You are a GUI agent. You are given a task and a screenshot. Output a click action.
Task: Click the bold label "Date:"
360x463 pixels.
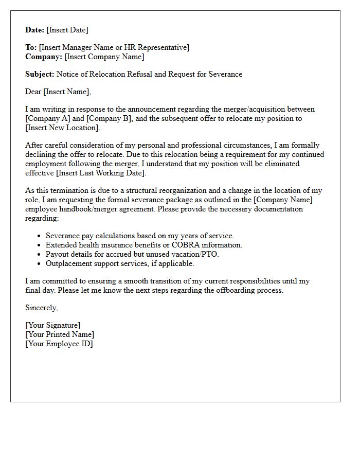coord(35,30)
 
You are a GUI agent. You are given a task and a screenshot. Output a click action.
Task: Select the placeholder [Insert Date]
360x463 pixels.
coord(67,30)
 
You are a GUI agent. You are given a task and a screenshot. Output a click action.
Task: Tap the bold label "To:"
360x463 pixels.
coord(31,48)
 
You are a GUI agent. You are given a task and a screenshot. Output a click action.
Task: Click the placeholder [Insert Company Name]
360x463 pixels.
coord(104,57)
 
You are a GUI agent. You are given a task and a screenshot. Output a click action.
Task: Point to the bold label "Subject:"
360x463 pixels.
coord(40,75)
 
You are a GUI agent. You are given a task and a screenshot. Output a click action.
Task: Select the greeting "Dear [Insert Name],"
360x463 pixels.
coord(58,92)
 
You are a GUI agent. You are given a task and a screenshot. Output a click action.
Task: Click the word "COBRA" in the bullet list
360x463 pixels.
coord(186,245)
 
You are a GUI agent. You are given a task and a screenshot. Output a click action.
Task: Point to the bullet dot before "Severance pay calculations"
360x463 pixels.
coord(40,236)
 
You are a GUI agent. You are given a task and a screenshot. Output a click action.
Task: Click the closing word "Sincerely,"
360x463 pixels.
coord(42,308)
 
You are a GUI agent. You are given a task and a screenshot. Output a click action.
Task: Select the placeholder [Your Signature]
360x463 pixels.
coord(53,326)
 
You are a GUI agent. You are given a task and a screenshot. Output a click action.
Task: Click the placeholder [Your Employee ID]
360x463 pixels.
coord(59,344)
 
